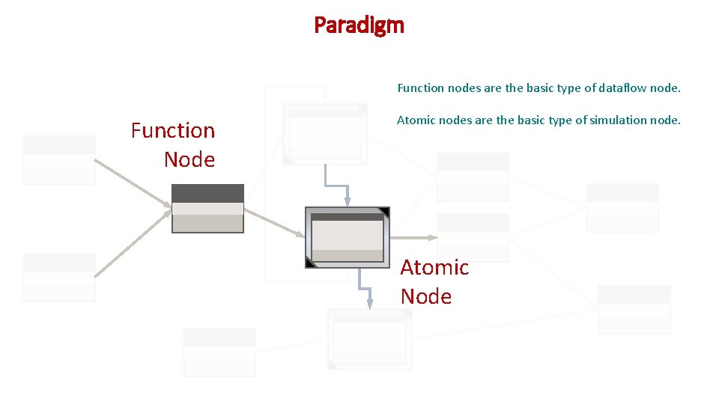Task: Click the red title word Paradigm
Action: click(359, 25)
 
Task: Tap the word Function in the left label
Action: click(173, 131)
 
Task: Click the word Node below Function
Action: click(189, 160)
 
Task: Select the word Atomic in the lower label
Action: click(434, 267)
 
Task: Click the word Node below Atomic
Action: click(426, 296)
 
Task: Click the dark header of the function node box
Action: click(207, 193)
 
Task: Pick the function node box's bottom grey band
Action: click(207, 224)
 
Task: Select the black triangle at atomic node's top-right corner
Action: click(384, 212)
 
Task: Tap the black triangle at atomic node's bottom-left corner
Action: click(311, 262)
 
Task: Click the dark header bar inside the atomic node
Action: click(347, 217)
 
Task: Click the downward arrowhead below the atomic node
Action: click(369, 303)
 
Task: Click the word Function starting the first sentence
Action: click(420, 88)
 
